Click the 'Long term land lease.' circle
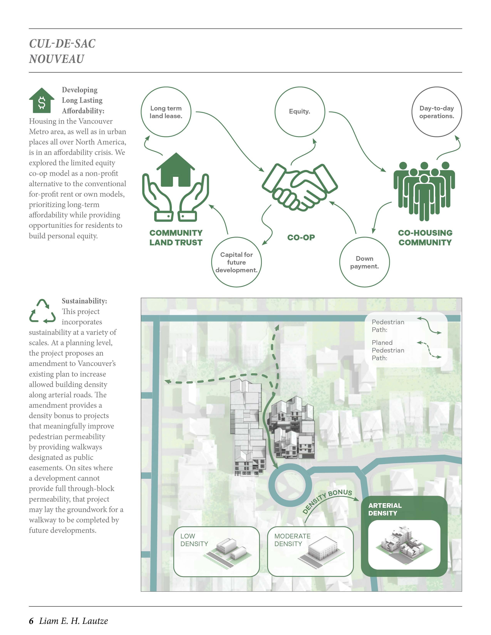click(166, 112)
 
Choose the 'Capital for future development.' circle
click(236, 262)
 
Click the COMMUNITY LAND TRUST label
click(176, 237)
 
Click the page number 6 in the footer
click(31, 621)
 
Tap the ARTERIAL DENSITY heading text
click(385, 509)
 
